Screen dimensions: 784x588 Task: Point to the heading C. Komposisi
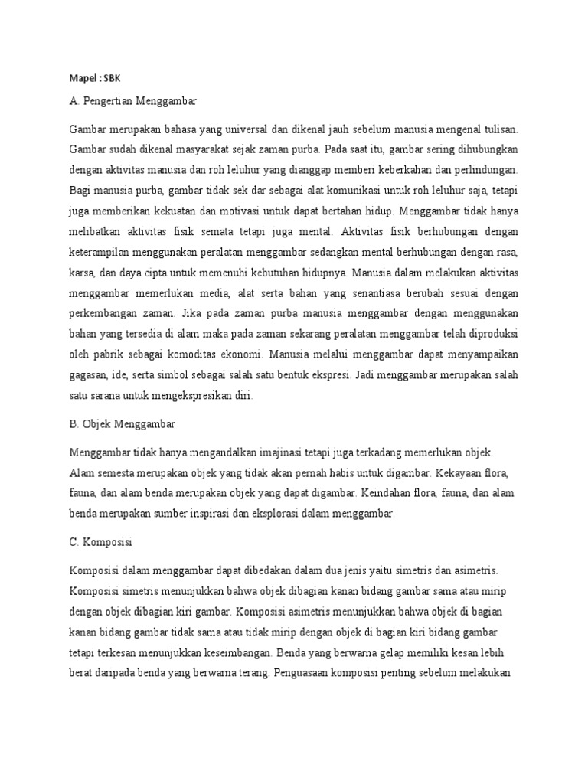(101, 542)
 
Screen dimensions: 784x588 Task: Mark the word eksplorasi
(276, 514)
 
